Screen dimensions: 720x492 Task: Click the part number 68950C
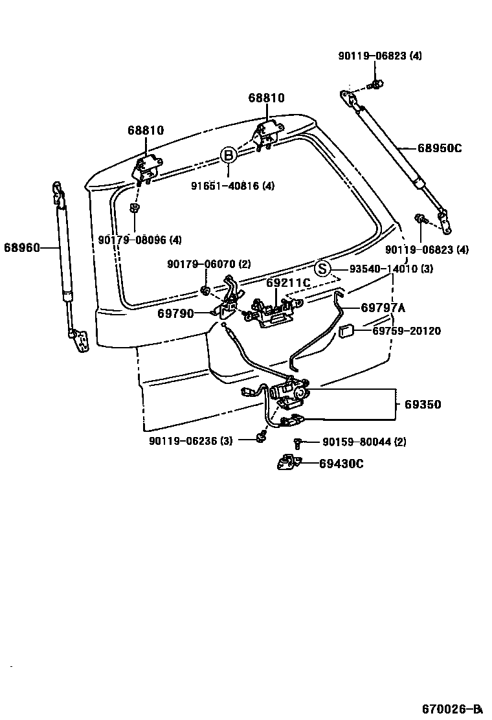tap(440, 148)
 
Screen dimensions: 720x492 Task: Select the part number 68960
tap(21, 247)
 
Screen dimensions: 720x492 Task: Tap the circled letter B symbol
tap(228, 155)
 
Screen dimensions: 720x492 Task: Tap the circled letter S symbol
tap(322, 268)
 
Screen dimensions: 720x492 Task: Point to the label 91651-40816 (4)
tap(232, 186)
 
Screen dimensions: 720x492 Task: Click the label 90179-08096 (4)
tap(140, 240)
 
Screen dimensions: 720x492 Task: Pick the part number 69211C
tap(288, 283)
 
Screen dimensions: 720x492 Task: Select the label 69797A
tap(383, 308)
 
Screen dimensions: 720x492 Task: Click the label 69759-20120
tap(407, 331)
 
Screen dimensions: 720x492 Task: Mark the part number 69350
tap(423, 405)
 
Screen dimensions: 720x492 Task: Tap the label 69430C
tap(341, 463)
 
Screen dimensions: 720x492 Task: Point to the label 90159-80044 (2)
tap(364, 442)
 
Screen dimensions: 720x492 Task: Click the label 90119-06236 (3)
tap(190, 440)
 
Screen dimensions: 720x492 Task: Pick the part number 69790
tap(175, 313)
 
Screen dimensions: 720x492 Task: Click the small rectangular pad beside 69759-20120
tap(346, 332)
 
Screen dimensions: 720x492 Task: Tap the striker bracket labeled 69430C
tap(287, 462)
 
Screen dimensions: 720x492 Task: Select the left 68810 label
tap(145, 130)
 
